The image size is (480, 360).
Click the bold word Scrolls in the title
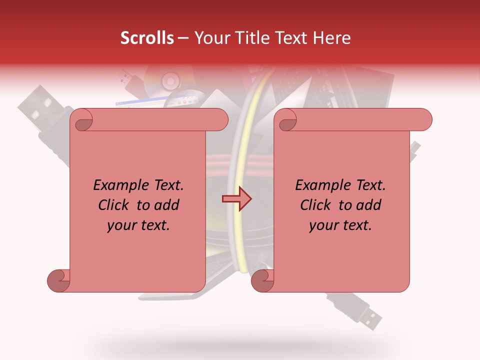click(147, 38)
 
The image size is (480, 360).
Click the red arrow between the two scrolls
click(236, 199)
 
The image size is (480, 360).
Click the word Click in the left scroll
click(114, 205)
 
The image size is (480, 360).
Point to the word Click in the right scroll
click(316, 205)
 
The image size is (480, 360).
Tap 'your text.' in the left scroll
click(138, 225)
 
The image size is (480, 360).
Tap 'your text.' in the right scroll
click(340, 225)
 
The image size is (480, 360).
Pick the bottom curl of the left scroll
click(59, 280)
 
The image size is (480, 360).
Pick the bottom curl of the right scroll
click(262, 280)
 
